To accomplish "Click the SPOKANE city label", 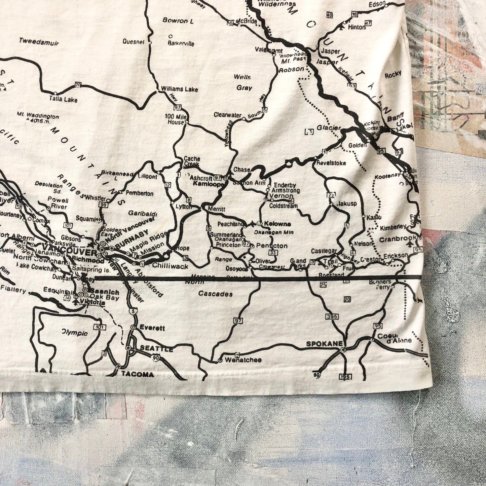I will pyautogui.click(x=324, y=344).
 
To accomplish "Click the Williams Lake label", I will pyautogui.click(x=179, y=89).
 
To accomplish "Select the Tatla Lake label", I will pyautogui.click(x=63, y=100).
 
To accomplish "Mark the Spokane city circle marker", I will pyautogui.click(x=343, y=350).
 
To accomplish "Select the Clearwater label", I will pyautogui.click(x=227, y=115).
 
